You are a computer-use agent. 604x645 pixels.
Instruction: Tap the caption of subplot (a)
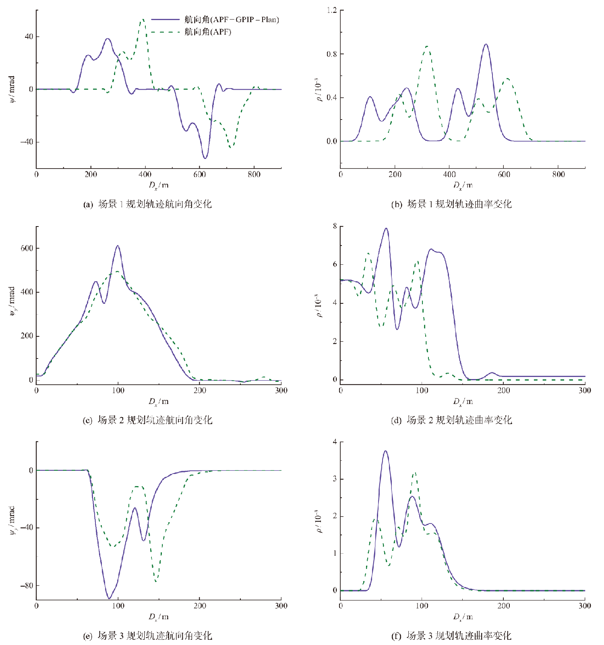(x=147, y=204)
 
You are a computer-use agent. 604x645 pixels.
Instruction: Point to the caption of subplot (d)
(x=451, y=420)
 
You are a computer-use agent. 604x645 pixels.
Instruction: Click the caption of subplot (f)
(x=451, y=636)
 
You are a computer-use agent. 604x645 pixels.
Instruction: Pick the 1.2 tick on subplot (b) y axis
(x=332, y=10)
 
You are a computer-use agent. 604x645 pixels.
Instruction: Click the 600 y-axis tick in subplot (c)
(x=27, y=248)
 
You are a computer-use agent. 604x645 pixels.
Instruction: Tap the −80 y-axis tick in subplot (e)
(x=27, y=585)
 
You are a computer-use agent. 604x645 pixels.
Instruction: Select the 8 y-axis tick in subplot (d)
(x=335, y=226)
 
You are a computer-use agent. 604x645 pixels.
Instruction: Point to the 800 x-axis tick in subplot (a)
(x=254, y=174)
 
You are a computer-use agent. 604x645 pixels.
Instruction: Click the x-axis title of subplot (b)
(x=463, y=185)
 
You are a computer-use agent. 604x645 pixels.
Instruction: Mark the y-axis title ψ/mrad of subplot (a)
(x=12, y=89)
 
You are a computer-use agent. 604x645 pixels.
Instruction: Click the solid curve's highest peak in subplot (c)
(x=118, y=246)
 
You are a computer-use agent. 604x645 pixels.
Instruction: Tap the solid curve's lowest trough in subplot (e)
(x=109, y=598)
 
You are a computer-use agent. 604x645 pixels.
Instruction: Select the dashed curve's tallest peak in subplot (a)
(x=142, y=19)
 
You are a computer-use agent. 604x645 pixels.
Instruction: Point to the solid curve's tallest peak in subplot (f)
(x=385, y=451)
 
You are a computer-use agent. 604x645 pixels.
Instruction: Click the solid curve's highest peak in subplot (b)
(x=486, y=44)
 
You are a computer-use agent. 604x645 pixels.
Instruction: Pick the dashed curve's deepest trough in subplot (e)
(x=156, y=581)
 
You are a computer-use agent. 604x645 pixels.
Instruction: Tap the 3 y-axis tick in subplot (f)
(x=335, y=479)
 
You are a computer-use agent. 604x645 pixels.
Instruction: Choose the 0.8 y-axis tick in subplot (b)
(x=332, y=54)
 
